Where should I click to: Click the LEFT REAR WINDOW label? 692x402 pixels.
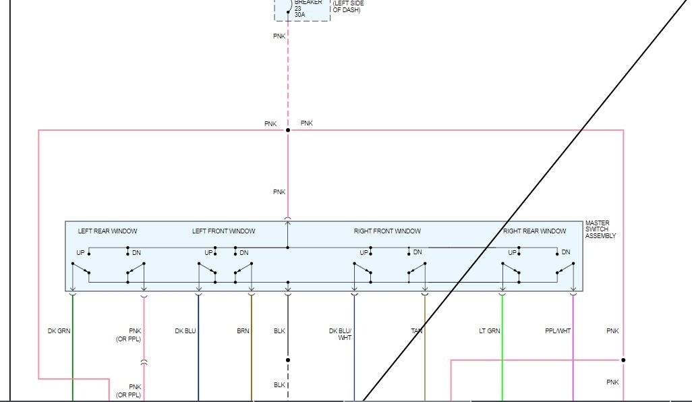[x=107, y=231]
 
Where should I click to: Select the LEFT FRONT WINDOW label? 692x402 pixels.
[x=223, y=231]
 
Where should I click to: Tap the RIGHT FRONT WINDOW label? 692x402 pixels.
[x=387, y=231]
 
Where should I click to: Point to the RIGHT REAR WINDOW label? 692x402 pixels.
[x=534, y=231]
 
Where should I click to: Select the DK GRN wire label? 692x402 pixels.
[x=59, y=331]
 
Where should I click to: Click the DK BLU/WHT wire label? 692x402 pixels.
[x=341, y=334]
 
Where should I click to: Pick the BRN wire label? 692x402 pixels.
[x=243, y=331]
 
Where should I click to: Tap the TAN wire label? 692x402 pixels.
[x=417, y=331]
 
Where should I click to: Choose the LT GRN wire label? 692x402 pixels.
[x=490, y=331]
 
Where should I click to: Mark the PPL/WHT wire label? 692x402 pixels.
[x=558, y=331]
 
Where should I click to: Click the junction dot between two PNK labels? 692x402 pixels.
[x=288, y=130]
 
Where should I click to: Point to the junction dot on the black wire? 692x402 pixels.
[x=288, y=360]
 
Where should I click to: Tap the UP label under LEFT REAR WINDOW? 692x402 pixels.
[x=80, y=253]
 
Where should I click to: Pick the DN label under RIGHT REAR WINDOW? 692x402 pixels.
[x=566, y=252]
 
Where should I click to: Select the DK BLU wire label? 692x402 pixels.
[x=185, y=331]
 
